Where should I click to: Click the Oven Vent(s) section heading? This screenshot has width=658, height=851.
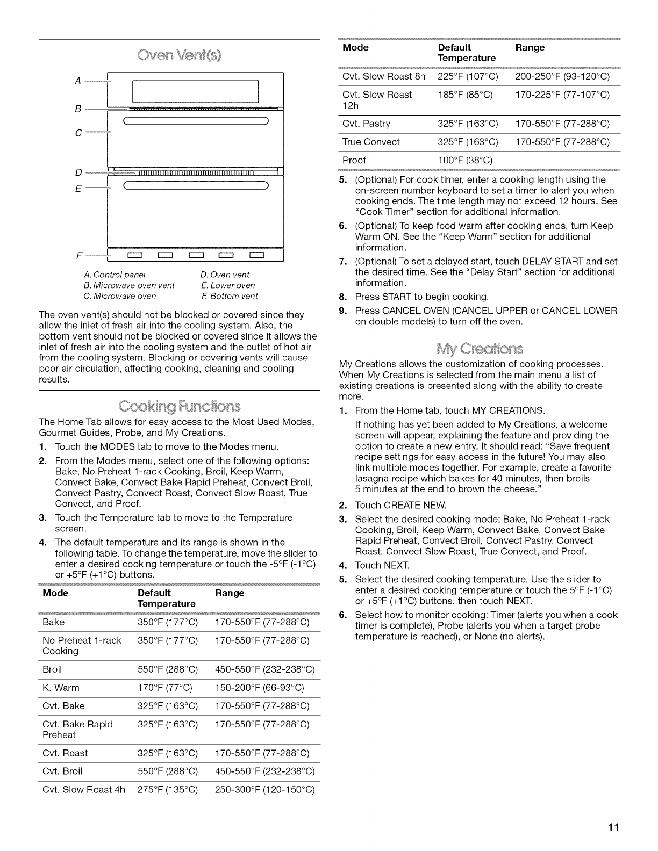point(180,55)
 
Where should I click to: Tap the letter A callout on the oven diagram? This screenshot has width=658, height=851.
point(78,81)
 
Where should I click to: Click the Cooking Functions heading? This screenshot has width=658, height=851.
point(180,405)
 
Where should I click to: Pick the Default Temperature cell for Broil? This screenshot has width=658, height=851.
point(168,669)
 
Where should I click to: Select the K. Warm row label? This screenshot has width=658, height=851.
point(61,688)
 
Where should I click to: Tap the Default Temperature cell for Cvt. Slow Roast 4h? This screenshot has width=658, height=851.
point(168,790)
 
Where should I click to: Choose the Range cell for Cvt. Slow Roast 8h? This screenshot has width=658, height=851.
point(562,76)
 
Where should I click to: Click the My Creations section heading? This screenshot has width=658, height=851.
point(479,348)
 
